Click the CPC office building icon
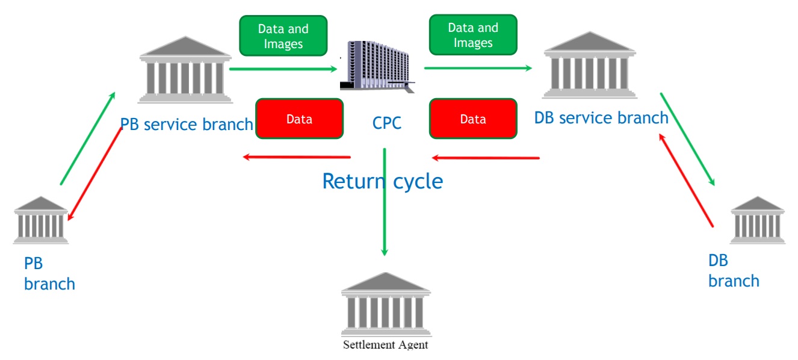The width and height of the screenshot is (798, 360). [x=377, y=67]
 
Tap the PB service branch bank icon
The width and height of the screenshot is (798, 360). [x=185, y=70]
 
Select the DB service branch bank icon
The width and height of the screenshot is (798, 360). [x=590, y=65]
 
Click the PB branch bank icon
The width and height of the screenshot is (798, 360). [x=40, y=220]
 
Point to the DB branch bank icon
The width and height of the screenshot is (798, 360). [x=758, y=220]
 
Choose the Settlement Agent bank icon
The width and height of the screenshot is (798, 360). [x=386, y=304]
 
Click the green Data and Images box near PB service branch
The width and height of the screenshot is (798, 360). [x=283, y=36]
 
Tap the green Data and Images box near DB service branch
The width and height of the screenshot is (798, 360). [x=473, y=35]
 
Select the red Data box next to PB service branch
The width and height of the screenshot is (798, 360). [x=299, y=119]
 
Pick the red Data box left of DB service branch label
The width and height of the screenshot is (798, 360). [x=473, y=119]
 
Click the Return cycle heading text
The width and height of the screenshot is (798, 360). [x=383, y=181]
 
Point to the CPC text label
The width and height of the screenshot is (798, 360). [x=387, y=123]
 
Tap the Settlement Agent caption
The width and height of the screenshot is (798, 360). [x=386, y=345]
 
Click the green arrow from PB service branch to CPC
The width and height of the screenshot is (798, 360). [x=283, y=69]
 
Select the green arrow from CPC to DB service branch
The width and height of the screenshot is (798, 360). [x=478, y=68]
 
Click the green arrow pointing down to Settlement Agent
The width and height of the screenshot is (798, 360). [x=385, y=202]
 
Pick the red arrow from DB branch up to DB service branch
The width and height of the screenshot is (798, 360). [x=686, y=180]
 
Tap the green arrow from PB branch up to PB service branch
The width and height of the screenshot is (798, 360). [x=88, y=138]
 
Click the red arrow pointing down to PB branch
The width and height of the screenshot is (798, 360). [x=94, y=173]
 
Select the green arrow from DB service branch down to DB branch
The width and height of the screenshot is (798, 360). [x=687, y=140]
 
